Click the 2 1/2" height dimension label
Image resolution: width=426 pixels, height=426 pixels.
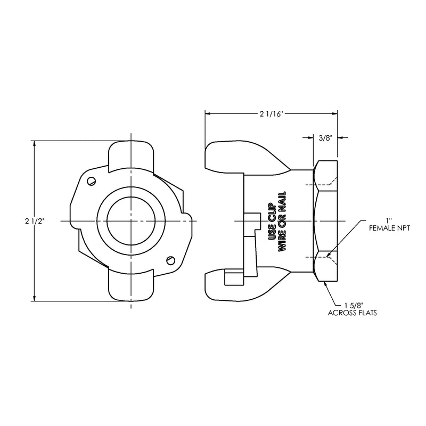pyautogui.click(x=35, y=221)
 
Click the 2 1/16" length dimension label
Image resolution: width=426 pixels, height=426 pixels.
pyautogui.click(x=272, y=114)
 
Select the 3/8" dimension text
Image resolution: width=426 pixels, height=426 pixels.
pyautogui.click(x=325, y=138)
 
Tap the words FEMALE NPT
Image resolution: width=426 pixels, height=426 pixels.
pyautogui.click(x=389, y=228)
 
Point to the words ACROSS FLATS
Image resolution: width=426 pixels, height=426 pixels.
pyautogui.click(x=352, y=313)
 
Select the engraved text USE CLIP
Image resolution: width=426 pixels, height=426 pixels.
pyautogui.click(x=272, y=222)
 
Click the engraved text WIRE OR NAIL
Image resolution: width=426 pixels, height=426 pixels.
pyautogui.click(x=282, y=222)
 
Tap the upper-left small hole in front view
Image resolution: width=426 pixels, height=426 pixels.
pyautogui.click(x=92, y=181)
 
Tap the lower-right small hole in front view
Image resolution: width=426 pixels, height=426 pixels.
pyautogui.click(x=170, y=260)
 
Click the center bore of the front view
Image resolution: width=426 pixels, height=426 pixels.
pyautogui.click(x=131, y=221)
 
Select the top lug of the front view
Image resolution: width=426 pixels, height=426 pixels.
pyautogui.click(x=131, y=155)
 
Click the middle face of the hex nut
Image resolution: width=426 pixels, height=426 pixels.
pyautogui.click(x=326, y=221)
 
